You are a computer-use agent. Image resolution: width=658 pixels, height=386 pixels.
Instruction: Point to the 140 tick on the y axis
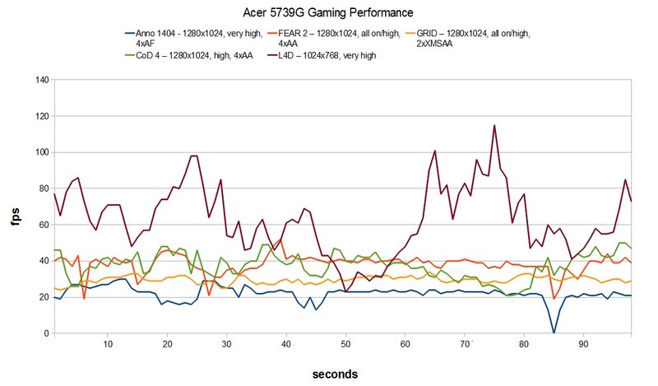click(42, 81)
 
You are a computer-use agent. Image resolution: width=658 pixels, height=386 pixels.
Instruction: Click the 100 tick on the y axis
click(42, 153)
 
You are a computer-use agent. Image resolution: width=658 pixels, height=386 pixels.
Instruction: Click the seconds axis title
click(335, 374)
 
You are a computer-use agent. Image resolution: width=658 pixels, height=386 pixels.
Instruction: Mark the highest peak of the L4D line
click(494, 125)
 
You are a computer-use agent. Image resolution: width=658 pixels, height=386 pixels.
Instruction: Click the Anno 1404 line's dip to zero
click(554, 333)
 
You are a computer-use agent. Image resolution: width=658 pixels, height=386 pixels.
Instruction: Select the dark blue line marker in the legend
click(128, 33)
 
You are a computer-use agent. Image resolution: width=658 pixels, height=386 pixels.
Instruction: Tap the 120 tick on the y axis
click(42, 117)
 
